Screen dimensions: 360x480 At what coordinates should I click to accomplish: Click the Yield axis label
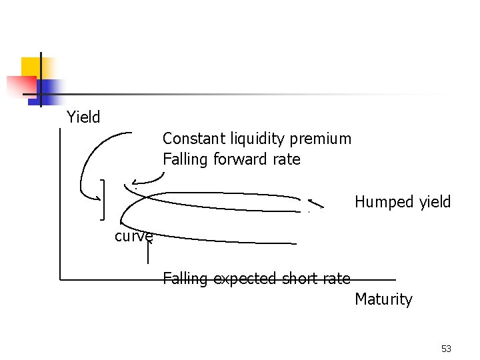[83, 117]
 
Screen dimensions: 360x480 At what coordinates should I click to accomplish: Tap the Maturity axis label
[383, 300]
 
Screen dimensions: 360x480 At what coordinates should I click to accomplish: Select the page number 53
[446, 349]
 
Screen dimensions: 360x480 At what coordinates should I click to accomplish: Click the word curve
[133, 235]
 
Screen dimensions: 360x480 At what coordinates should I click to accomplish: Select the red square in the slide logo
[20, 87]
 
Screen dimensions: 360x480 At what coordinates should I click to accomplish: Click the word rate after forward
[287, 159]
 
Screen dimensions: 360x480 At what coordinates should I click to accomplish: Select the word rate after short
[336, 278]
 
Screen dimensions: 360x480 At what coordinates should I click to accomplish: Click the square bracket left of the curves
[103, 199]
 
